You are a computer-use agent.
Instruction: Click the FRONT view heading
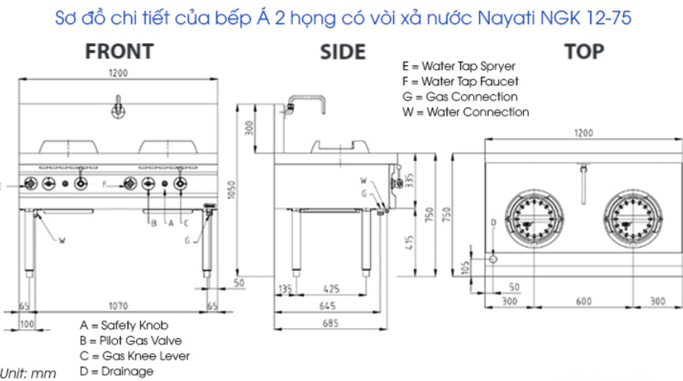(x=119, y=52)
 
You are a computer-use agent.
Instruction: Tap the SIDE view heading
(x=343, y=53)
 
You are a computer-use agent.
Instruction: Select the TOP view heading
(x=584, y=52)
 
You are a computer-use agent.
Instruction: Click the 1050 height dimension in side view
(x=232, y=190)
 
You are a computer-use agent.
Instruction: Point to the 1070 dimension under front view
(x=118, y=306)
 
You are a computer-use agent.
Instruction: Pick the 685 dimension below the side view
(x=330, y=323)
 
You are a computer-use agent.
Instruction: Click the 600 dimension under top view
(x=583, y=301)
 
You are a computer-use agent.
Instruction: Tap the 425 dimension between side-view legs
(x=331, y=289)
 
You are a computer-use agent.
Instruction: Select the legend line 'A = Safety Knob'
(x=123, y=325)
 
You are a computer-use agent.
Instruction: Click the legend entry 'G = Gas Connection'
(x=460, y=96)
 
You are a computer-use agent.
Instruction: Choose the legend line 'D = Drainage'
(x=116, y=371)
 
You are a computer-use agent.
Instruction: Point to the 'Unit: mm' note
(x=28, y=374)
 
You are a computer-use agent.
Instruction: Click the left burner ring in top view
(x=534, y=190)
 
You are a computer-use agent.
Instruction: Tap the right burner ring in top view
(x=633, y=190)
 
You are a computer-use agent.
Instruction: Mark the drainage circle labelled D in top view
(x=493, y=259)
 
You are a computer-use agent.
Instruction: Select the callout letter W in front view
(x=62, y=240)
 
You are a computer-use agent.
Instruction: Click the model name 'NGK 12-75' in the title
(x=585, y=18)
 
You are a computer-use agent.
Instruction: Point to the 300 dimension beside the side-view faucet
(x=248, y=128)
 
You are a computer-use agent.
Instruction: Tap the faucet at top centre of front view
(x=118, y=108)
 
